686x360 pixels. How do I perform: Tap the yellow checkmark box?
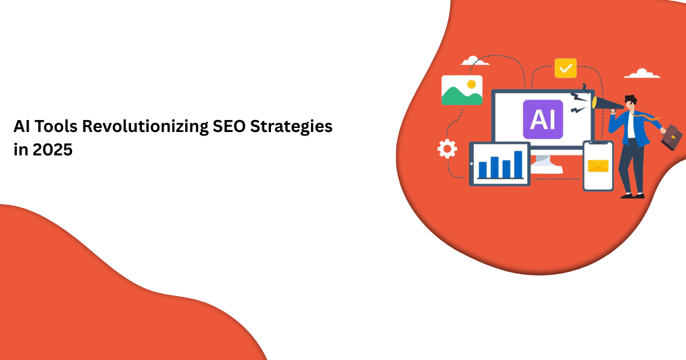click(565, 68)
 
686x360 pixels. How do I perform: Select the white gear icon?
click(447, 149)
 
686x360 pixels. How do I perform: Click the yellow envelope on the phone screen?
click(598, 166)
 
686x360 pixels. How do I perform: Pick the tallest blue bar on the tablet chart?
click(518, 164)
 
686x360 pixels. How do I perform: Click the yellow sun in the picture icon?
click(471, 84)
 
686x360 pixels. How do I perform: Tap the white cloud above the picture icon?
click(474, 61)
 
